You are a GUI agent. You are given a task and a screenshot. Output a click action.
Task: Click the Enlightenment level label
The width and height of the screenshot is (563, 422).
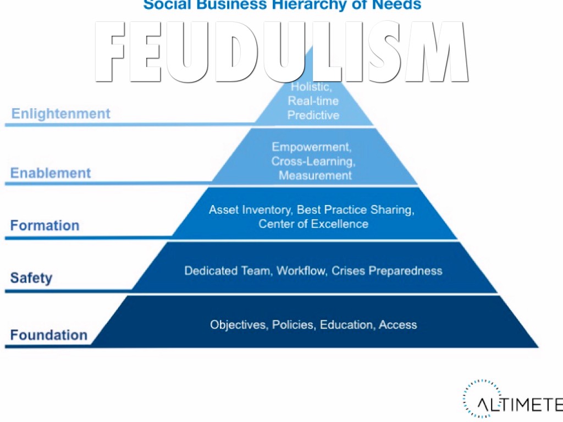tap(60, 114)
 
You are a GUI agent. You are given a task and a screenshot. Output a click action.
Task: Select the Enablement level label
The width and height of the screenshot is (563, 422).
tap(51, 173)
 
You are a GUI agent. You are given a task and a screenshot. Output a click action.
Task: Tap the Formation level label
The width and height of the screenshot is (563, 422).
tap(45, 225)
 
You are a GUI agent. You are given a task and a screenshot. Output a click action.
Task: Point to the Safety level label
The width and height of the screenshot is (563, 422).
tap(31, 277)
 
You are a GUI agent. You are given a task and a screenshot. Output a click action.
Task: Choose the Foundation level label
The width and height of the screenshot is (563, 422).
tap(48, 335)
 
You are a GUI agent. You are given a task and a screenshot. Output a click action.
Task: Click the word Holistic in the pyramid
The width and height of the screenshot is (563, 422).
tap(311, 87)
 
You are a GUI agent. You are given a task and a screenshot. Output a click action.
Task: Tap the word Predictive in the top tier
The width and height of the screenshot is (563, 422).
tap(313, 115)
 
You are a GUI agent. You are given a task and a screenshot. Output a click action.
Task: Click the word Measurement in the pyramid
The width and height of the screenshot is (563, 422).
tap(315, 176)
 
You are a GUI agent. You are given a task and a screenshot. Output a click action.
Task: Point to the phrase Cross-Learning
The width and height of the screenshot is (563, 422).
tap(313, 162)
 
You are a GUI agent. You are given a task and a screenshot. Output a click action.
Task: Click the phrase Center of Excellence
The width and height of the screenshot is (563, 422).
tap(313, 224)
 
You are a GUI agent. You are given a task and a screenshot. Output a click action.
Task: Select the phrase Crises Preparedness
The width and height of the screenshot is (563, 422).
tap(387, 271)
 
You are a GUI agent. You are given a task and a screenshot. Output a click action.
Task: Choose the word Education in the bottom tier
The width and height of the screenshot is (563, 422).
tap(347, 325)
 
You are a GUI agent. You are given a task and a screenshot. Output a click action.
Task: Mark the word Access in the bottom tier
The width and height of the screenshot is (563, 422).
tap(398, 325)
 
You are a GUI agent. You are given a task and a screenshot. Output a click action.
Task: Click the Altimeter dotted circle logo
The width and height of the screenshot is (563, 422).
tap(476, 398)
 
